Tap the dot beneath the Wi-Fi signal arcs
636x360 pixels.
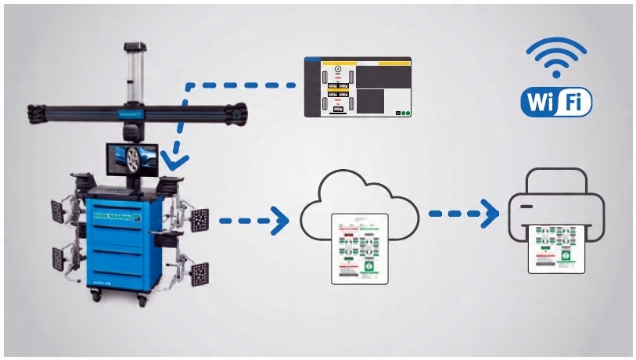point(556,74)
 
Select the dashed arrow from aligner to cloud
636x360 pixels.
point(251,221)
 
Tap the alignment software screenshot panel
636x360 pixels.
point(358,88)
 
